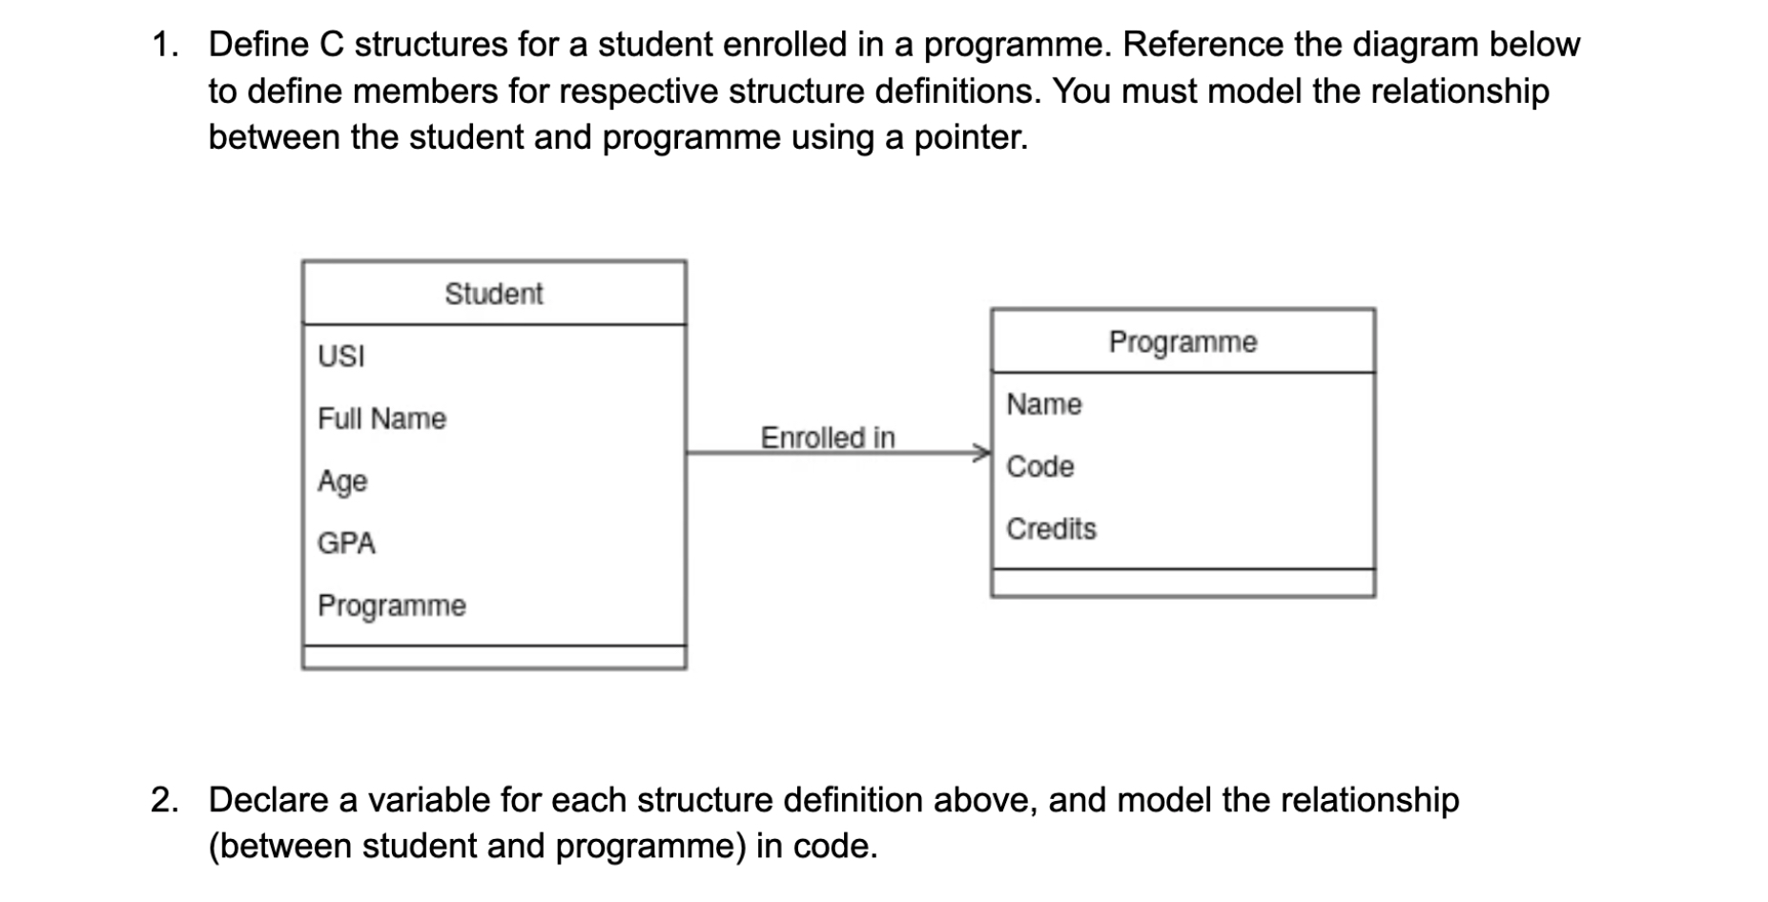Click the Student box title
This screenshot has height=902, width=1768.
tap(493, 294)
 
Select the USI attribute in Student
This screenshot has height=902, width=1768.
tap(340, 357)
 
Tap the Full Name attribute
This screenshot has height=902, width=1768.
tap(381, 419)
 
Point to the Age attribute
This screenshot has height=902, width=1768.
tap(342, 481)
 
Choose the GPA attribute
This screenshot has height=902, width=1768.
tap(346, 543)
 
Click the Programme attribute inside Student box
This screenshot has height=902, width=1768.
tap(391, 605)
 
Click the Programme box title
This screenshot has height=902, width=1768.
tap(1182, 341)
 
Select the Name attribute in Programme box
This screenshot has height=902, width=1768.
tap(1043, 404)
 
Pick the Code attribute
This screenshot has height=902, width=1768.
tap(1039, 466)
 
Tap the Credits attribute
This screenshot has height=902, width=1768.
tap(1051, 528)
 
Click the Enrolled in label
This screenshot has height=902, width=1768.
tap(827, 438)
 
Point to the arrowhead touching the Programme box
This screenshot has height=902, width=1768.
tap(982, 453)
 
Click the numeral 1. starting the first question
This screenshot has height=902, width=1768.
tap(164, 45)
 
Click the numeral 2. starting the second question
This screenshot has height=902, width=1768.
tap(164, 800)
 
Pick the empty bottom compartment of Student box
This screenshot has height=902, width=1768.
tap(493, 657)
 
